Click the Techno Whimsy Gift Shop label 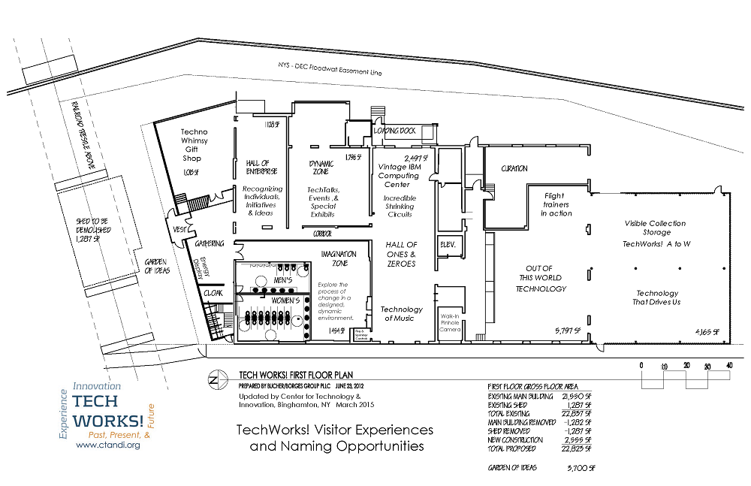tap(194, 145)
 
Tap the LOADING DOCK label tap(395, 131)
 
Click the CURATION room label tap(514, 169)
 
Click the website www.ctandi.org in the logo tap(108, 445)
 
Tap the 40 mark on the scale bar tap(729, 365)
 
